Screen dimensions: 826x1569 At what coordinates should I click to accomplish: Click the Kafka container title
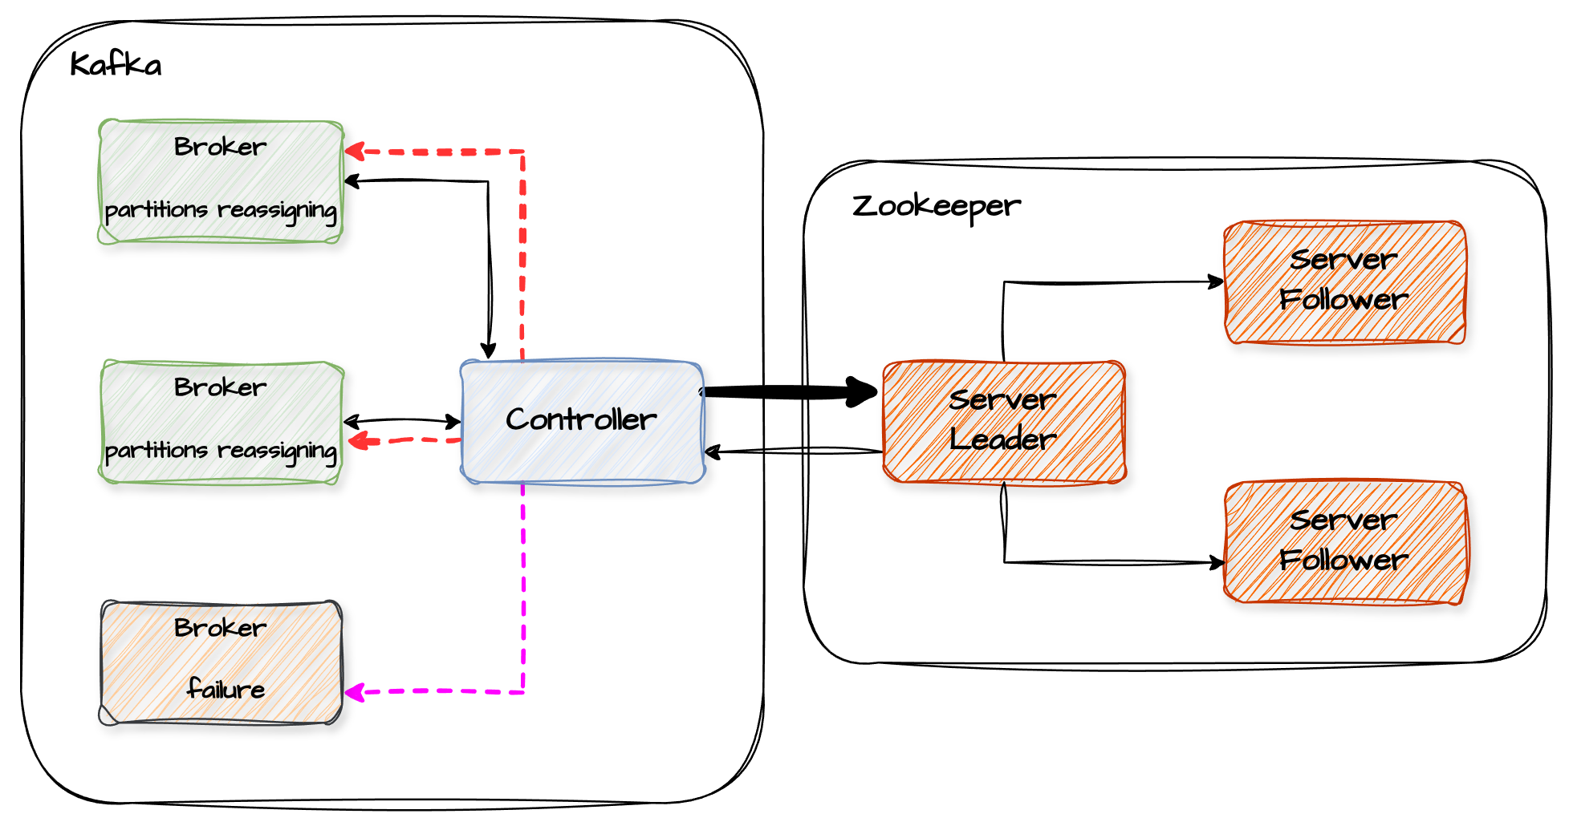(x=116, y=64)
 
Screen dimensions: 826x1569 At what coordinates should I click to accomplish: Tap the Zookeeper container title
(x=936, y=206)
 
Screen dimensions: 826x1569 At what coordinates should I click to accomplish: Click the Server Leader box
(x=1003, y=421)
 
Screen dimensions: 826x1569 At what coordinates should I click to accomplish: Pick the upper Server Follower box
(x=1344, y=281)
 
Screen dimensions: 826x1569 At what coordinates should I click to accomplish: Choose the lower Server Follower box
(x=1344, y=541)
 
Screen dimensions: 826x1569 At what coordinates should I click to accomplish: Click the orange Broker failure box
(x=221, y=662)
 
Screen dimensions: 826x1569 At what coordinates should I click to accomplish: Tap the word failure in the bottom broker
(x=226, y=689)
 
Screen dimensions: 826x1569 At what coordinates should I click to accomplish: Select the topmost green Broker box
(x=221, y=180)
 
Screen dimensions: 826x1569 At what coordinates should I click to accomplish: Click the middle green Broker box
(x=221, y=421)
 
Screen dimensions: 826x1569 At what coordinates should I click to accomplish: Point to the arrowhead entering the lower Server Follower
(x=1217, y=563)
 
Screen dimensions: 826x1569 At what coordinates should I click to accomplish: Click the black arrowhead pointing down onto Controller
(x=488, y=351)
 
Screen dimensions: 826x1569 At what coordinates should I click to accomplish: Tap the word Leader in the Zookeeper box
(x=1003, y=439)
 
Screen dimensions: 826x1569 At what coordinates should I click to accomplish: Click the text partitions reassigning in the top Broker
(x=221, y=210)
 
